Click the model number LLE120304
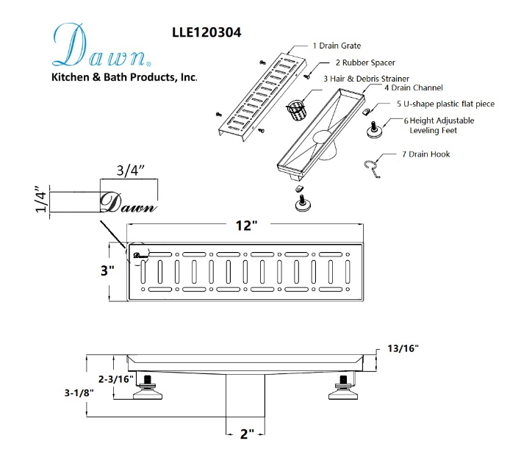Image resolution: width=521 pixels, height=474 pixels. click(x=206, y=32)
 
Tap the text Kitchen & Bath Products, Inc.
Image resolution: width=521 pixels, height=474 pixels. click(x=123, y=77)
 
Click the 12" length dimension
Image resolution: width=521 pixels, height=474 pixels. click(x=242, y=225)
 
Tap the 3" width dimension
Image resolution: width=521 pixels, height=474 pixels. click(x=107, y=270)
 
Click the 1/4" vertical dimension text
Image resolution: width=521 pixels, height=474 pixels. click(x=41, y=201)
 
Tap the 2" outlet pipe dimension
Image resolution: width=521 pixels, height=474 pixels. click(x=246, y=434)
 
